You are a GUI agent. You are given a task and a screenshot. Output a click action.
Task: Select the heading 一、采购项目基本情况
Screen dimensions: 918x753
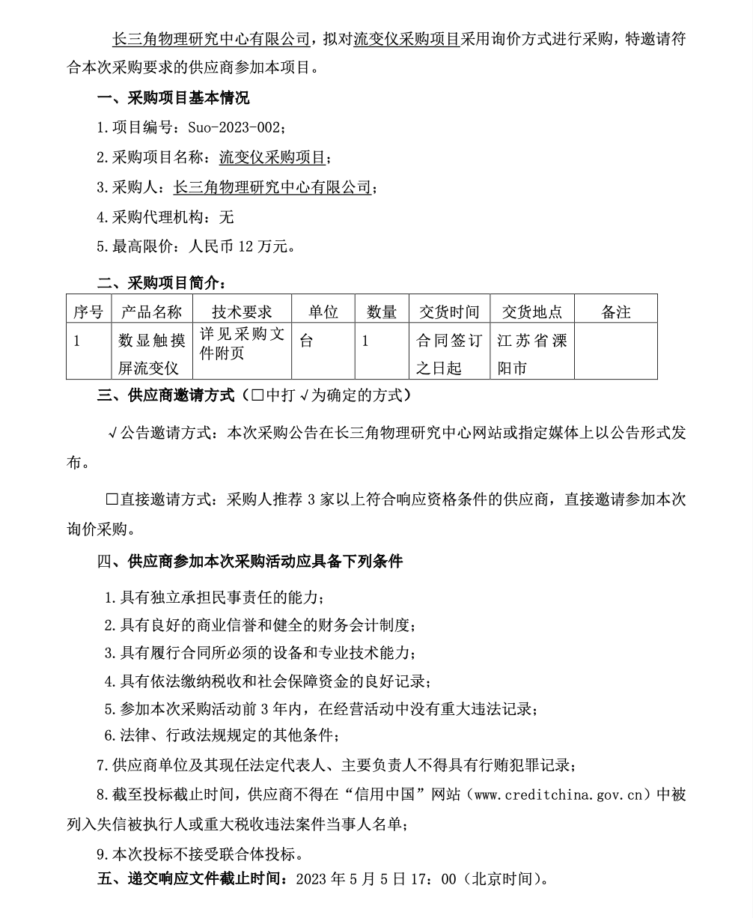coord(174,98)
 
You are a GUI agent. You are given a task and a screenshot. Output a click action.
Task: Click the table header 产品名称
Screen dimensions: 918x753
coord(151,311)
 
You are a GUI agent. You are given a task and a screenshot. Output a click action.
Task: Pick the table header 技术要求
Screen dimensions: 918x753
coord(242,311)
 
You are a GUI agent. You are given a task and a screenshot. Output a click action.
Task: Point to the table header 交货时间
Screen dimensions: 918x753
coord(449,311)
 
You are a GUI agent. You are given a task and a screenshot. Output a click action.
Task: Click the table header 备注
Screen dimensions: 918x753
coord(616,311)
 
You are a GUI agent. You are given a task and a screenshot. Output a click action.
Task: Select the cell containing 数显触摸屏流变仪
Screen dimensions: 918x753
coord(152,354)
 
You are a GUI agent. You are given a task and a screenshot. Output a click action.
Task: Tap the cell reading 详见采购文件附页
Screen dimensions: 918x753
coord(242,344)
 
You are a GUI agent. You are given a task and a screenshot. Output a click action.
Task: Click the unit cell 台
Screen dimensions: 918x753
coord(306,341)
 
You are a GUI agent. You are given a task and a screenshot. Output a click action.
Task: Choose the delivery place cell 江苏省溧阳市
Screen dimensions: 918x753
coord(532,354)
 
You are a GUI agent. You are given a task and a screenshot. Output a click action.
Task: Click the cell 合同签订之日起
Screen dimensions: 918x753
coord(449,354)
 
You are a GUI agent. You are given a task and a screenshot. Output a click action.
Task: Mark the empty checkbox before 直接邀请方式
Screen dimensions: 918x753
coord(112,499)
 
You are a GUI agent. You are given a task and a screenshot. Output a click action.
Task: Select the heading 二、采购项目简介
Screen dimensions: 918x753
coord(162,284)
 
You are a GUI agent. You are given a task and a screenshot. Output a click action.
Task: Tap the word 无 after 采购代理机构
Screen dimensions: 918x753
coord(226,217)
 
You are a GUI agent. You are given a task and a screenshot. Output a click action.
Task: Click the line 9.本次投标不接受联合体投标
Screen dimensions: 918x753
coord(201,854)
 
